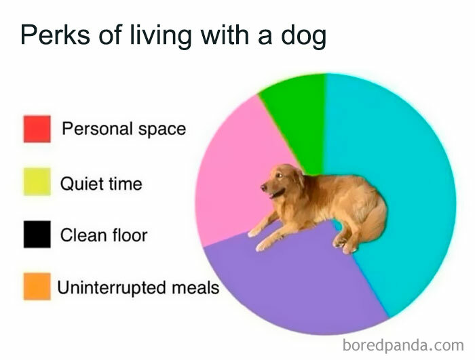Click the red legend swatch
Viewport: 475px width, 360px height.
[x=37, y=129]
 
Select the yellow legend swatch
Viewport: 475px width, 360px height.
[x=37, y=182]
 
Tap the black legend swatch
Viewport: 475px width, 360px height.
[x=37, y=235]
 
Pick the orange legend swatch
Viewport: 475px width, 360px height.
[x=37, y=287]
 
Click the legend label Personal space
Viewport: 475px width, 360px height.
[x=123, y=129]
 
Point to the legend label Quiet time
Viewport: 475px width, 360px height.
[x=101, y=182]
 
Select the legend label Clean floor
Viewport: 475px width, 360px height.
[x=104, y=235]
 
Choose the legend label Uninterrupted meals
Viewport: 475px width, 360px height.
[x=138, y=287]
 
